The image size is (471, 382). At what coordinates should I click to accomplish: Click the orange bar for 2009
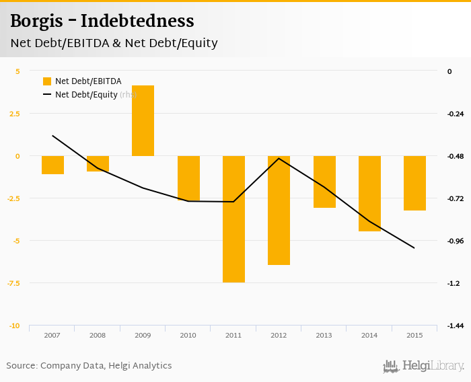point(143,121)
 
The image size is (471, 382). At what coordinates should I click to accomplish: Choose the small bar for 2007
point(52,165)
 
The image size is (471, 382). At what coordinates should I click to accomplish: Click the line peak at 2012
point(279,158)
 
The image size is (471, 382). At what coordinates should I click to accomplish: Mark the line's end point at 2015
point(414,248)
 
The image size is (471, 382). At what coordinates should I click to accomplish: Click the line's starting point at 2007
point(52,136)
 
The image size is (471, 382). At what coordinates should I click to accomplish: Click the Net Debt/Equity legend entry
point(86,95)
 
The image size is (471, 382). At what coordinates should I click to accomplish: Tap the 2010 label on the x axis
point(188,335)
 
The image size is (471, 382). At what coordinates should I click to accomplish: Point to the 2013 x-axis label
point(324,335)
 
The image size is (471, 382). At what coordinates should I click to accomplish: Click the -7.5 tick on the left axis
point(13,283)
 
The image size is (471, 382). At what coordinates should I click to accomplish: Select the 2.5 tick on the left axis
point(14,114)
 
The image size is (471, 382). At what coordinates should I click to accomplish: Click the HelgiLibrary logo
point(424,366)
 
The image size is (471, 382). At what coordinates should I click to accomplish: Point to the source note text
point(89,366)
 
